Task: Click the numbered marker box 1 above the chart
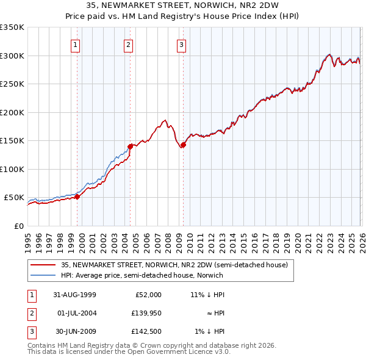[75, 44]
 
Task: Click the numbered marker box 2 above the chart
[129, 44]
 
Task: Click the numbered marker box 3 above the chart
[182, 44]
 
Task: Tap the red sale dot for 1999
[77, 196]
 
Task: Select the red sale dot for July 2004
[130, 146]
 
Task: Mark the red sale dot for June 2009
[183, 145]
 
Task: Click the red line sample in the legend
[44, 265]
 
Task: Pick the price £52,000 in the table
[148, 295]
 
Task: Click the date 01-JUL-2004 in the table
[74, 313]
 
